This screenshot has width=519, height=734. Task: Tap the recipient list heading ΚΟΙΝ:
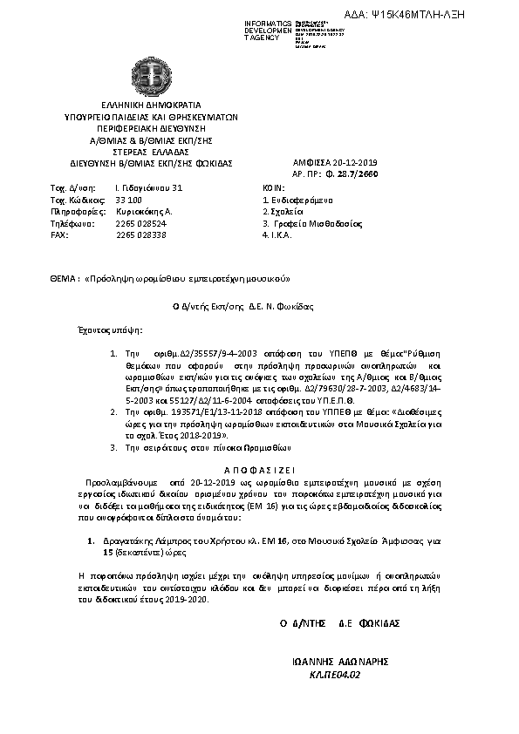coord(273,187)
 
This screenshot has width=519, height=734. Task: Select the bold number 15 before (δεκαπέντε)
coord(107,553)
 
